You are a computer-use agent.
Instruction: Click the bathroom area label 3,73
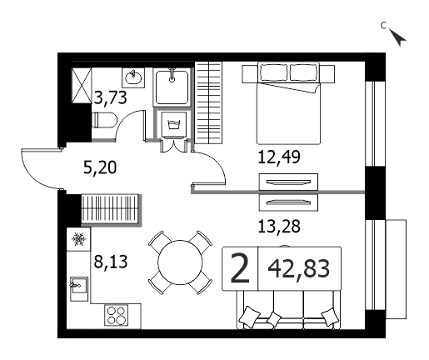[x=111, y=97]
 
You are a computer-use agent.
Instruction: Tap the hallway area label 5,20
[x=100, y=167]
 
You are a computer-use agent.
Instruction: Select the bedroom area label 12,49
[x=279, y=157]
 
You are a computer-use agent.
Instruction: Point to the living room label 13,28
[x=279, y=227]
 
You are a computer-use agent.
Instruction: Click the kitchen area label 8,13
[x=111, y=262]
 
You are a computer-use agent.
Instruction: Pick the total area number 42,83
[x=299, y=269]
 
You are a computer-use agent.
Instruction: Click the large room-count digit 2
[x=240, y=269]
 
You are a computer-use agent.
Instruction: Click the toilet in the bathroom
[x=104, y=120]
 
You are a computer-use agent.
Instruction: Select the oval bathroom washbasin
[x=133, y=77]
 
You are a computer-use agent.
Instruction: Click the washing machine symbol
[x=173, y=124]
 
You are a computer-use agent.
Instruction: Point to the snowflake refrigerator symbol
[x=79, y=239]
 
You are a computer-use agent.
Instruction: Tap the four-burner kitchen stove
[x=117, y=315]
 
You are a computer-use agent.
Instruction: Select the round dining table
[x=180, y=262]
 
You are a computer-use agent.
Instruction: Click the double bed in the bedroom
[x=288, y=102]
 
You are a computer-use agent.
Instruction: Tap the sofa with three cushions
[x=289, y=309]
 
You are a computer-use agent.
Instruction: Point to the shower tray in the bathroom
[x=172, y=87]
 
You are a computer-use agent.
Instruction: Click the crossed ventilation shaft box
[x=82, y=86]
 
